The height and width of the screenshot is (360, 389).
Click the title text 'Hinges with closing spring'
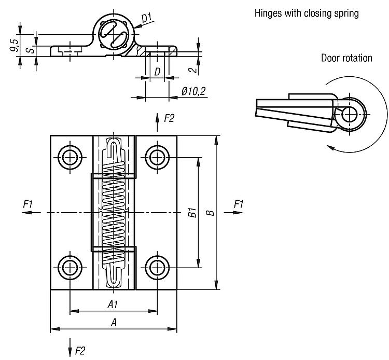pyautogui.click(x=306, y=13)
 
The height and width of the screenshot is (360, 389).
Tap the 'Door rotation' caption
pyautogui.click(x=346, y=58)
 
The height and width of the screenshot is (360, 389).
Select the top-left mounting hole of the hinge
pyautogui.click(x=69, y=156)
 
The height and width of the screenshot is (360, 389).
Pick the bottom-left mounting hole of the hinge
pyautogui.click(x=69, y=267)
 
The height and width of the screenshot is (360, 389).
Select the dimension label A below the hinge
pyautogui.click(x=114, y=323)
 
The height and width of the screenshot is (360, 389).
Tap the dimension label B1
pyautogui.click(x=191, y=213)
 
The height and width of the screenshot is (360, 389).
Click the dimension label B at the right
pyautogui.click(x=209, y=213)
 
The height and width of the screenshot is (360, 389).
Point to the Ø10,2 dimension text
pyautogui.click(x=194, y=91)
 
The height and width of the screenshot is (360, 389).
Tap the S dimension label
pyautogui.click(x=31, y=50)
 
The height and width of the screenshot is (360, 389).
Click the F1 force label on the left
pyautogui.click(x=28, y=204)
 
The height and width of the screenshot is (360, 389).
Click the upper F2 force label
pyautogui.click(x=169, y=118)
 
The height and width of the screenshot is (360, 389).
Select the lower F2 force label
pyautogui.click(x=80, y=351)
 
